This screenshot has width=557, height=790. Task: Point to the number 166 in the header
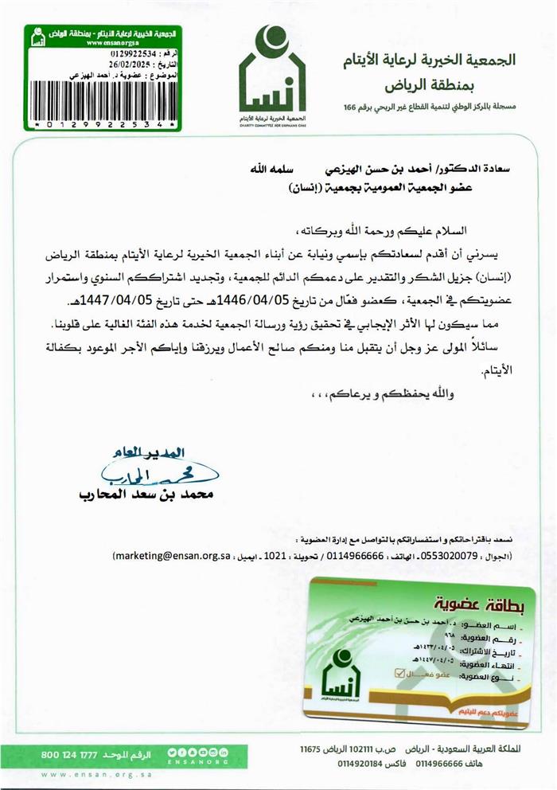click(351, 107)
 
